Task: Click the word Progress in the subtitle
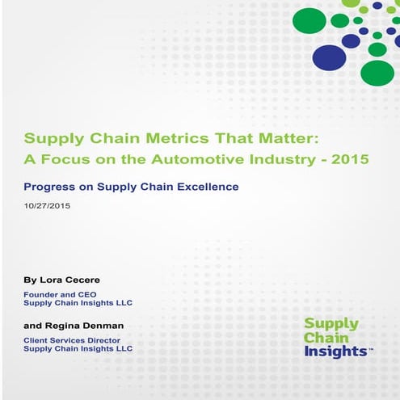(x=49, y=187)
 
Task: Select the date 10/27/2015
(x=48, y=206)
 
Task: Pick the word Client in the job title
(x=36, y=340)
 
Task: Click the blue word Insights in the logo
(x=335, y=353)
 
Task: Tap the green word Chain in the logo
(x=322, y=339)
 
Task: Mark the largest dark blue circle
(x=329, y=57)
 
